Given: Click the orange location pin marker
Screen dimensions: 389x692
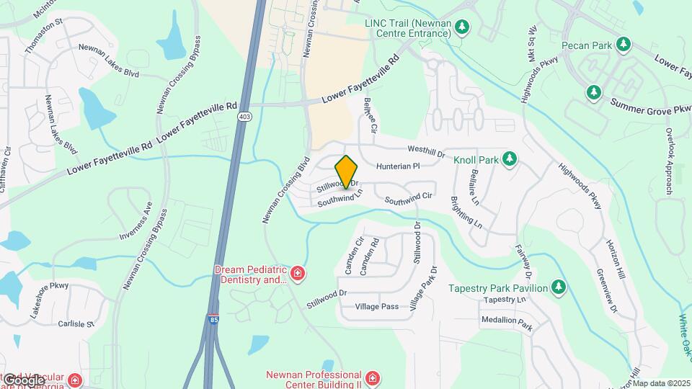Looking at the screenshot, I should pos(347,171).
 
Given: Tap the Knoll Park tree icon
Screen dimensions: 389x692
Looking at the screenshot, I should pos(510,158).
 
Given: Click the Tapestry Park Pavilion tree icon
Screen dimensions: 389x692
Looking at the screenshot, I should pos(558,287).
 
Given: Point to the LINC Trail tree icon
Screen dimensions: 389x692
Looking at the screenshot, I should pos(463,28).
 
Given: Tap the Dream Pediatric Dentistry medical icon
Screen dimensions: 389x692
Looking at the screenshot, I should pos(296,274).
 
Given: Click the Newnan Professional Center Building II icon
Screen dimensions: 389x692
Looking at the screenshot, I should pos(372,378).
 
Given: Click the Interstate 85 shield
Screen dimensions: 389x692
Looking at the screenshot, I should pos(213,318).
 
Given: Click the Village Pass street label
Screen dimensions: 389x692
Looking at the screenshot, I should pos(377,307).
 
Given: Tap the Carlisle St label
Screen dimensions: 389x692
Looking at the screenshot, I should pos(76,324).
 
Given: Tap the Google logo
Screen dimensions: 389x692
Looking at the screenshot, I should pos(24,380).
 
